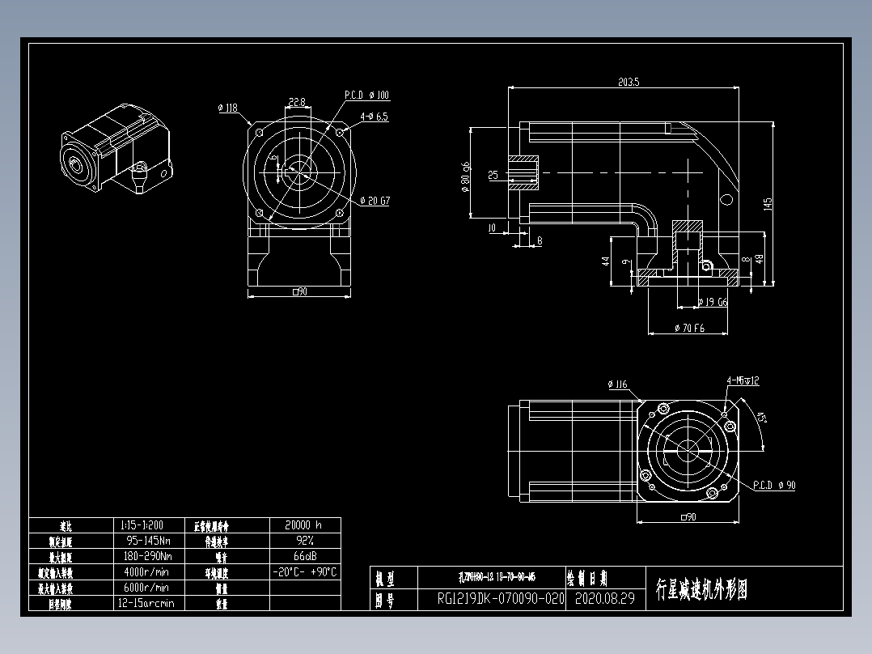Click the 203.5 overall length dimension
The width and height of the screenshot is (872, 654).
point(629,82)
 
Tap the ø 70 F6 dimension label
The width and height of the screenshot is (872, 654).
point(689,329)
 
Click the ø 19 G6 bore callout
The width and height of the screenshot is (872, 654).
point(712,302)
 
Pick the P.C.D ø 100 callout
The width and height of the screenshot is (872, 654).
point(366,96)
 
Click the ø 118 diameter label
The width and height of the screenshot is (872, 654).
point(228,108)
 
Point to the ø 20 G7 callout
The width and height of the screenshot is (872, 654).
point(375,201)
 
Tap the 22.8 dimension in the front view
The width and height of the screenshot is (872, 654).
point(296,102)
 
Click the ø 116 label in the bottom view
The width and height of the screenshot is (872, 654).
point(617,384)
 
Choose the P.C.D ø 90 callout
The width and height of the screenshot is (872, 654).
point(774,486)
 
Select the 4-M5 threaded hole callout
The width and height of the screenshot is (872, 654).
point(743,380)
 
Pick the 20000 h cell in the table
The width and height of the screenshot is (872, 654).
point(304,524)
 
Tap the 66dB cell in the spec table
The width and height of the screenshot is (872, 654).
point(304,556)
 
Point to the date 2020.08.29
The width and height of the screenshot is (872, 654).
point(603,600)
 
